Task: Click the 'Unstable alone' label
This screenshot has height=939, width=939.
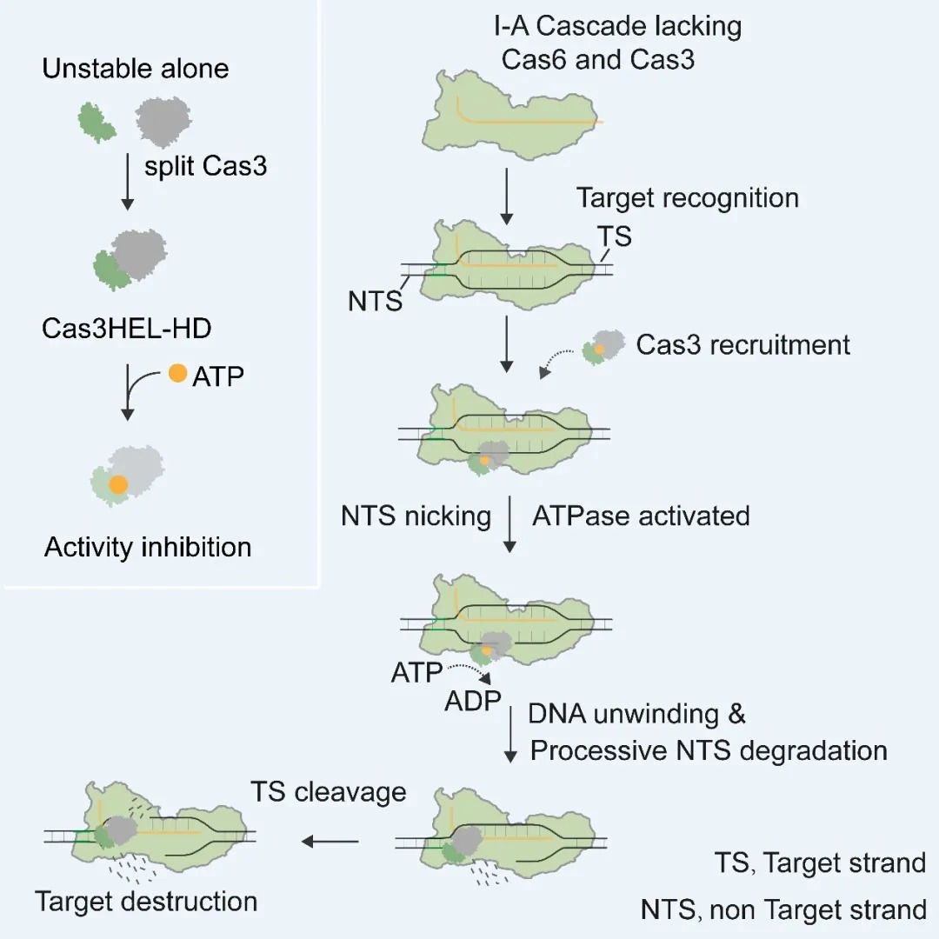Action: [136, 69]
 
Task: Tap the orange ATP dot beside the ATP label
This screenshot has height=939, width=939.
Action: [178, 373]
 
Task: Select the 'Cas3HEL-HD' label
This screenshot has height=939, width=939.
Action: [126, 329]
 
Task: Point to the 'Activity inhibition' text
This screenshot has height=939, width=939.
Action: [148, 548]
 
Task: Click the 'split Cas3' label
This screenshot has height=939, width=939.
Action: [205, 166]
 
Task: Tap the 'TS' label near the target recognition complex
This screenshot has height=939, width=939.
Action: [615, 236]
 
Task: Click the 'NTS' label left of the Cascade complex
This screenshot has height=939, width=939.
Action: [376, 301]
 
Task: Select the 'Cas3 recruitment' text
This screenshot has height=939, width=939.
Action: [743, 345]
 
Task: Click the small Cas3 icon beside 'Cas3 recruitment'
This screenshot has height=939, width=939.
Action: [603, 347]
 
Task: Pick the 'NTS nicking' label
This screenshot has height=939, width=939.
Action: [416, 516]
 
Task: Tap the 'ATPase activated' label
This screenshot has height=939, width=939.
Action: [641, 516]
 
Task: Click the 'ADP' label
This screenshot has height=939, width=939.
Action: [472, 701]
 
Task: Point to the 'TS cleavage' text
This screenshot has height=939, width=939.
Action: [328, 792]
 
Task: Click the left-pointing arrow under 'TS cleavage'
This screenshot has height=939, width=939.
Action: [330, 842]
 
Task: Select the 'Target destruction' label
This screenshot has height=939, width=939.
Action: [146, 902]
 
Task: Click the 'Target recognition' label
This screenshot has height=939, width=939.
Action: [688, 198]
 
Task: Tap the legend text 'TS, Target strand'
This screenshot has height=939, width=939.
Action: [821, 863]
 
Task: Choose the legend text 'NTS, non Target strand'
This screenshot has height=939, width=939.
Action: [783, 910]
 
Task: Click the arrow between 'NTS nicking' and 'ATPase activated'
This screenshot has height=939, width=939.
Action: [509, 524]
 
